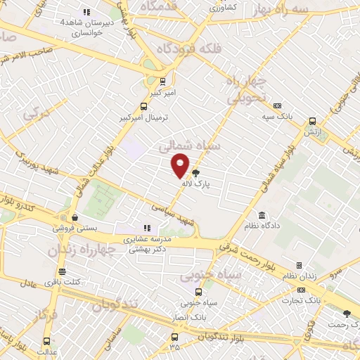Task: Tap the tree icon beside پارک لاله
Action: [x=195, y=172]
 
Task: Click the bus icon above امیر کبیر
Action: [x=163, y=81]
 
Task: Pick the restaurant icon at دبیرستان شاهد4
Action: [x=87, y=12]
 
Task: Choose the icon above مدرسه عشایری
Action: [x=147, y=228]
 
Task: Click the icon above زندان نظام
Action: [x=299, y=265]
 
